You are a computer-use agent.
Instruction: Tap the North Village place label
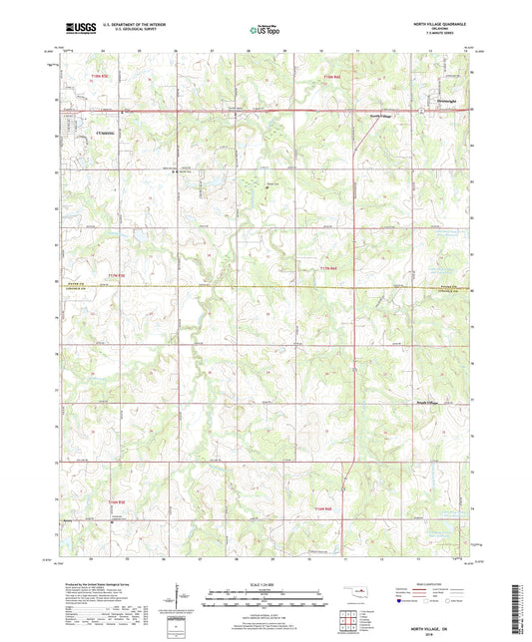pos(383,117)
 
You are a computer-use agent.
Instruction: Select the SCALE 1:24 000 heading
pos(266,583)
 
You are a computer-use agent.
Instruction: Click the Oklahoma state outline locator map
pos(357,596)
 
